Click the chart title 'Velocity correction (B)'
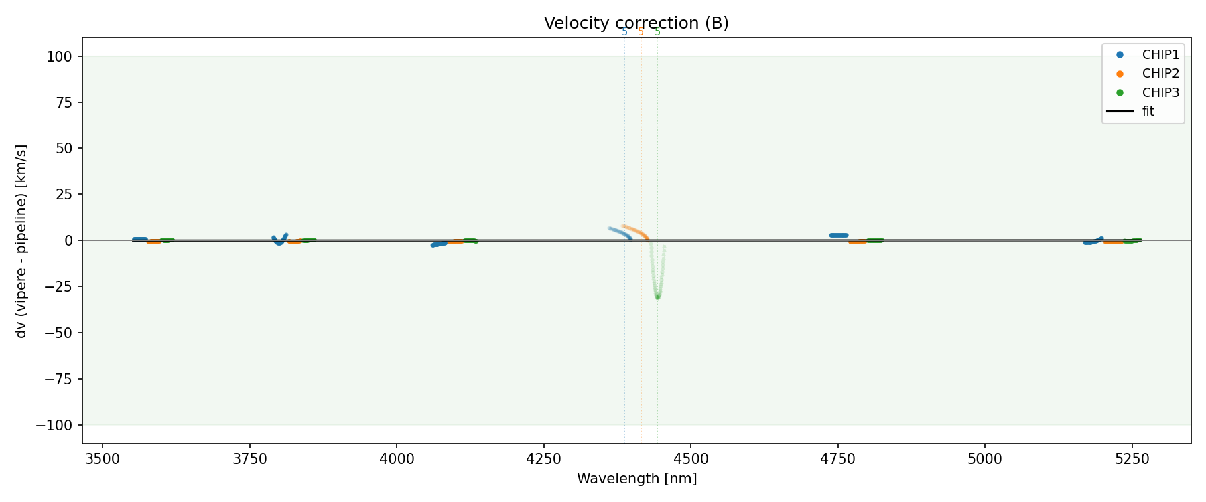tap(636, 23)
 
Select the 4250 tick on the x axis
tap(543, 460)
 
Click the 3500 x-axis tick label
tap(103, 460)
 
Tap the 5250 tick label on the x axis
tap(1132, 460)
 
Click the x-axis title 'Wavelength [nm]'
tap(636, 479)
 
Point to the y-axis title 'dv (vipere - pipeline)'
tap(22, 241)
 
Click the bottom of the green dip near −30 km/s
tap(657, 297)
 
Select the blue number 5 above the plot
tap(624, 32)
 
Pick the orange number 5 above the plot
tap(641, 32)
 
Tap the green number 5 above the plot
tap(657, 32)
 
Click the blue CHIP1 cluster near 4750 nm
tap(839, 236)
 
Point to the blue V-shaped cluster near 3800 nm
tap(279, 240)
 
